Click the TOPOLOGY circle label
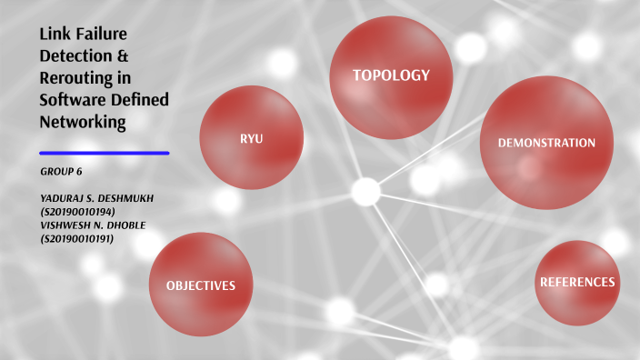391,75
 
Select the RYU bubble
251,138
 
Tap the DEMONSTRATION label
546,143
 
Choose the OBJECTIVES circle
200,285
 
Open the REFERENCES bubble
577,282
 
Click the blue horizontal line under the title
105,153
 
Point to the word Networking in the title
82,121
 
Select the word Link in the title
53,35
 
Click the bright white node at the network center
365,191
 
